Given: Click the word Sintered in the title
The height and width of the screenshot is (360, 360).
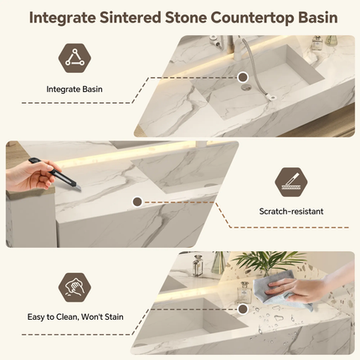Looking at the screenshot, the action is pyautogui.click(x=131, y=18).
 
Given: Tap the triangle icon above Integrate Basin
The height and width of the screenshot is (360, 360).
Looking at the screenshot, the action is pyautogui.click(x=75, y=59).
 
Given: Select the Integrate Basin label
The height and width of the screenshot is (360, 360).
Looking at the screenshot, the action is pyautogui.click(x=75, y=90).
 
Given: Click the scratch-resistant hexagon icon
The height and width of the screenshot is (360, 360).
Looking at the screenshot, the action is pyautogui.click(x=291, y=182).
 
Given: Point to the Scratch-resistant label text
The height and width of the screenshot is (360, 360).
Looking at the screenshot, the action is pyautogui.click(x=291, y=211).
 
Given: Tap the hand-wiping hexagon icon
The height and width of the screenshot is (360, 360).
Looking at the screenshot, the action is pyautogui.click(x=75, y=288).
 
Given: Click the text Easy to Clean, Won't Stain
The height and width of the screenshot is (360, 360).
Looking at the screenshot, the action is pyautogui.click(x=75, y=317).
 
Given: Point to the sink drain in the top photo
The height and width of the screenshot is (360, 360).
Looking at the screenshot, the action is pyautogui.click(x=246, y=88).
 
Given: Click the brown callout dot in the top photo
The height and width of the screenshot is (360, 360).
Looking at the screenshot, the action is pyautogui.click(x=243, y=77).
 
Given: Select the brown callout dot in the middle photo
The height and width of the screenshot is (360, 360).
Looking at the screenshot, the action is pyautogui.click(x=137, y=202).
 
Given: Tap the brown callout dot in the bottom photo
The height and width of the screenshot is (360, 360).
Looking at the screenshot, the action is pyautogui.click(x=243, y=309).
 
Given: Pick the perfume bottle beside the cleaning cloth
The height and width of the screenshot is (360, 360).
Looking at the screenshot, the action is pyautogui.click(x=244, y=291).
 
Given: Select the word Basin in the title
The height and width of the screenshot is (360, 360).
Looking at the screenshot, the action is pyautogui.click(x=318, y=18).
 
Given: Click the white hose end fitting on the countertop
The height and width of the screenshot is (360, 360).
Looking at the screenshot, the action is pyautogui.click(x=272, y=97).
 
